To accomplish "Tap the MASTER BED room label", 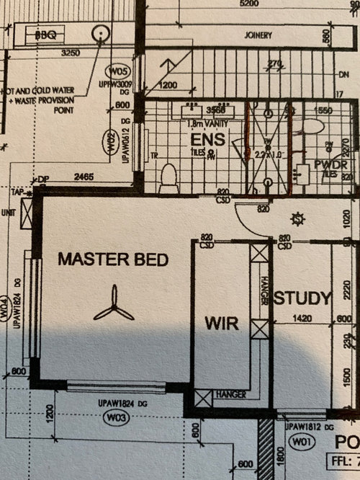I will [113, 259].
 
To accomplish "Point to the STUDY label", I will [302, 298].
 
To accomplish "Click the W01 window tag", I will [298, 440].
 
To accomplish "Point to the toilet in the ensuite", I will [168, 177].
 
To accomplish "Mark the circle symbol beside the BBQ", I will [101, 32].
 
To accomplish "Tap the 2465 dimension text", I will [85, 177].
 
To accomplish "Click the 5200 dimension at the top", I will [249, 4].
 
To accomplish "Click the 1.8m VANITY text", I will [199, 123].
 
